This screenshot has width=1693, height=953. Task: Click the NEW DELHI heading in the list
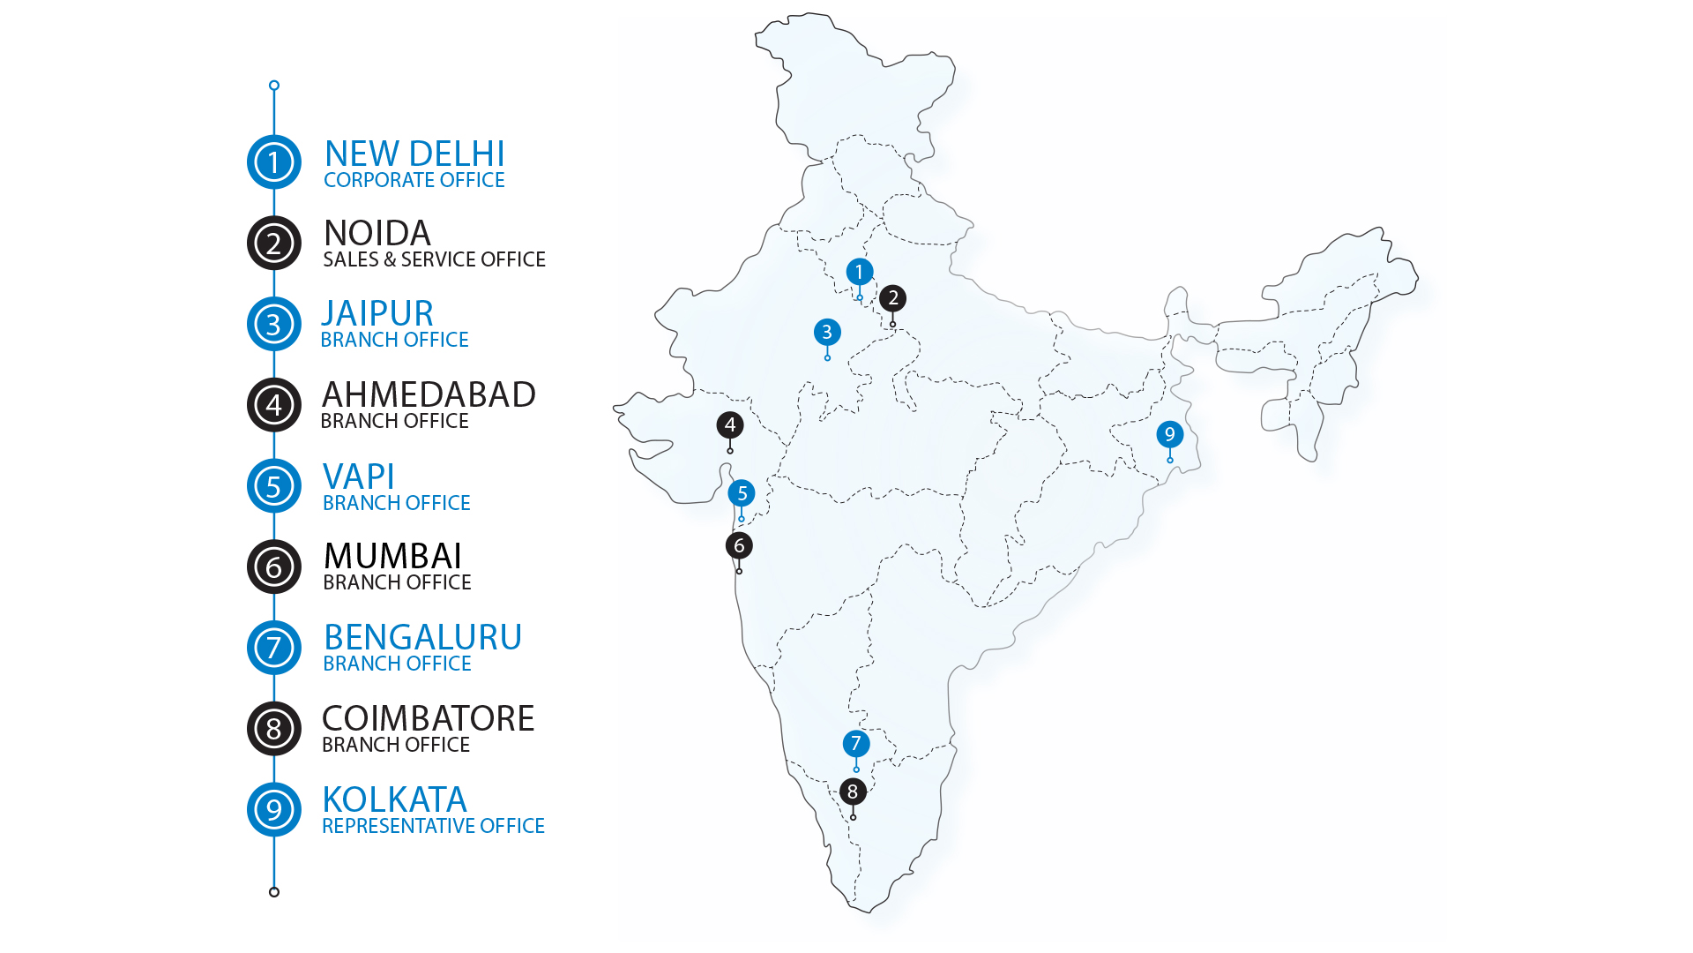click(x=414, y=154)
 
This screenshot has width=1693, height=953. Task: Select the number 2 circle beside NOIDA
click(x=273, y=243)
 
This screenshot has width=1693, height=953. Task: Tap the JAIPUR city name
click(x=377, y=314)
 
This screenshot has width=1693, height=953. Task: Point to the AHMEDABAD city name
click(x=429, y=394)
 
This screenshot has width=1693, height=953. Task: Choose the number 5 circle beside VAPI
click(x=273, y=485)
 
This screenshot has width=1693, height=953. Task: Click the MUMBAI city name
click(x=392, y=557)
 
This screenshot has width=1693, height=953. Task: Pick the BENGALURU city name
click(x=422, y=637)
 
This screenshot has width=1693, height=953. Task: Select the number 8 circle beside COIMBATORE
click(x=273, y=729)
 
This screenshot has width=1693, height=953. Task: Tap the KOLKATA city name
click(x=394, y=800)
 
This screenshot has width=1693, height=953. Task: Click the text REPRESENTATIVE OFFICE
click(x=433, y=826)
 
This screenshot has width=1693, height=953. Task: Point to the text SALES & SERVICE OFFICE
click(x=434, y=259)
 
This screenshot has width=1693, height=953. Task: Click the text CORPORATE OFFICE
click(x=414, y=180)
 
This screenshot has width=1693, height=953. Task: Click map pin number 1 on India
click(x=859, y=273)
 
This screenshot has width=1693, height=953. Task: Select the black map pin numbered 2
click(x=892, y=298)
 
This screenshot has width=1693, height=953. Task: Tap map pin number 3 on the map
click(x=826, y=333)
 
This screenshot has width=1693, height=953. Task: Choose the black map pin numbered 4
click(x=729, y=425)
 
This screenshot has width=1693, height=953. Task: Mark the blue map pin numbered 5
click(x=742, y=493)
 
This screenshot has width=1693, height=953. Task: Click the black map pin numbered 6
click(x=739, y=545)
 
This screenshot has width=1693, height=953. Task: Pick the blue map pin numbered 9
click(x=1169, y=434)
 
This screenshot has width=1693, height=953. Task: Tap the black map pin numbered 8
click(x=852, y=792)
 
